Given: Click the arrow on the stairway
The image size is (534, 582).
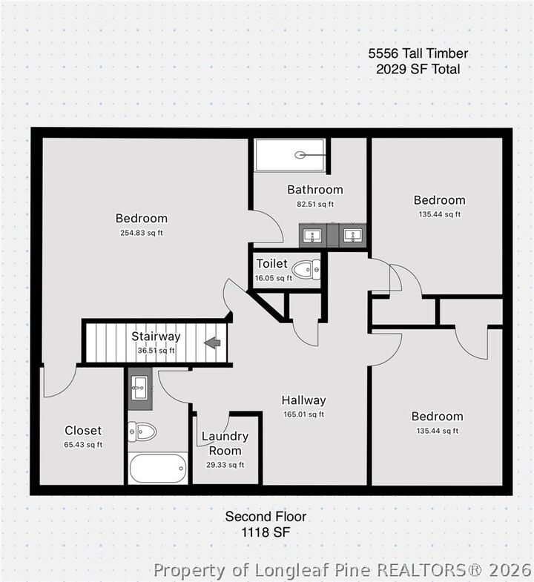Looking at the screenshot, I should tap(213, 343).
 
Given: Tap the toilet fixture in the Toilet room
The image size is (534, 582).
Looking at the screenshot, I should tap(306, 271).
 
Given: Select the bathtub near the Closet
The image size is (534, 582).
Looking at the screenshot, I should tap(157, 468).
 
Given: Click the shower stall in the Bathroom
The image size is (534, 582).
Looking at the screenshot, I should tap(290, 156).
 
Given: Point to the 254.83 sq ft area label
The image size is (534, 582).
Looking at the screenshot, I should tap(141, 233).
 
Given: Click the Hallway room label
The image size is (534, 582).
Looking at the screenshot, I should tap(303, 400).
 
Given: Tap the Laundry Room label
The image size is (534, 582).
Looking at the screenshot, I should tap(225, 443).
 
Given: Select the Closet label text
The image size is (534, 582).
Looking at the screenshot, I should tap(83, 431).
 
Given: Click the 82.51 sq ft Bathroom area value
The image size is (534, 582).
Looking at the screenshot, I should tap(314, 204).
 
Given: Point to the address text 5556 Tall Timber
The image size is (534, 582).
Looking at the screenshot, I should tap(418, 53).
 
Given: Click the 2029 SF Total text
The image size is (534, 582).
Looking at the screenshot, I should tap(418, 69).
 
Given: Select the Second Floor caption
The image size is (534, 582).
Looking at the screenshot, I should tap(266, 517).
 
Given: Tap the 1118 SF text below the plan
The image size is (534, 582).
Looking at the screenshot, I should tap(266, 532).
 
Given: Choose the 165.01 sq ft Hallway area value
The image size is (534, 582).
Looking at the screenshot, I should tap(303, 414).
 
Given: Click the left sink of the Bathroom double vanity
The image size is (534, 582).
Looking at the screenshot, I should tap(313, 237).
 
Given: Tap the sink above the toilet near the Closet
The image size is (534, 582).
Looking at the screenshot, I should tap(139, 384).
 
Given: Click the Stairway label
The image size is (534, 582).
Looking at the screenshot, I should tap(156, 337).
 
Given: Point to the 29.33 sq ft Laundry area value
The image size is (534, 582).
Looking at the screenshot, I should tap(225, 465).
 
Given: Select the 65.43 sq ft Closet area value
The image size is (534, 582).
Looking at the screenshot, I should tap(83, 445).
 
